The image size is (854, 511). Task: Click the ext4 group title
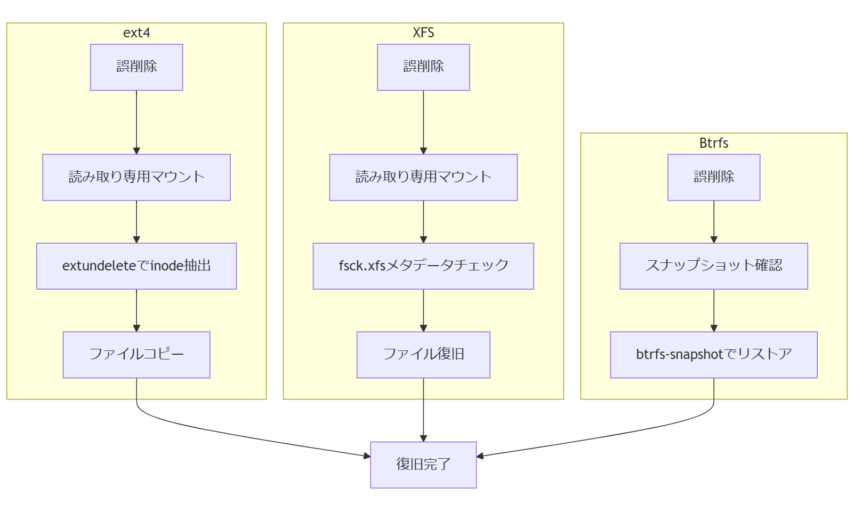click(x=136, y=33)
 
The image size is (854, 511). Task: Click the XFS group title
click(x=423, y=33)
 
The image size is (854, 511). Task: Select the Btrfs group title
click(x=713, y=143)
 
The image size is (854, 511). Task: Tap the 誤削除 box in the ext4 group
click(x=136, y=67)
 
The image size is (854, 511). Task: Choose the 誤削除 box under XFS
click(x=423, y=67)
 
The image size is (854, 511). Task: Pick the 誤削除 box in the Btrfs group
click(x=713, y=177)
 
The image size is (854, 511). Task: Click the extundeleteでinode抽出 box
click(x=136, y=266)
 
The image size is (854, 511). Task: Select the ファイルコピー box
click(x=136, y=355)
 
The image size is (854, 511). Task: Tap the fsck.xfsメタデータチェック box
click(x=423, y=266)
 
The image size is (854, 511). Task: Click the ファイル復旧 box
click(x=423, y=355)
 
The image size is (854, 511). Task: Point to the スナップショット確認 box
click(x=713, y=266)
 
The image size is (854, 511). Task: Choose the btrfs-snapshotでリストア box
click(x=713, y=355)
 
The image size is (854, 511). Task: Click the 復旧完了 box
click(x=423, y=465)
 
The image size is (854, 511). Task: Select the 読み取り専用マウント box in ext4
click(x=136, y=177)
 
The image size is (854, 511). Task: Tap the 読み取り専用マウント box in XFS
click(x=423, y=177)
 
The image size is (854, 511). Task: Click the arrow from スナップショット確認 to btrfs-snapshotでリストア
click(x=713, y=310)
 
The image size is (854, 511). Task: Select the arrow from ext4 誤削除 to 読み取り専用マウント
click(x=136, y=122)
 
